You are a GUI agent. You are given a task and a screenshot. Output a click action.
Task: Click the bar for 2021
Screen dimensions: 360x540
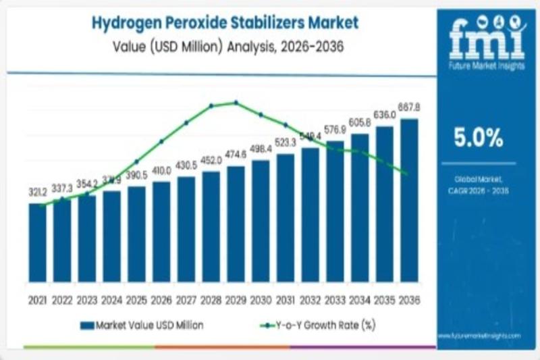pos(38,242)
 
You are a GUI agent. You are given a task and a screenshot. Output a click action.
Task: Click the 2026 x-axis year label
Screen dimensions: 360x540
pos(161,299)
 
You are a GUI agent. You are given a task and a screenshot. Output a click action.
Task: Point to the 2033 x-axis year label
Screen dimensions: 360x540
pos(335,299)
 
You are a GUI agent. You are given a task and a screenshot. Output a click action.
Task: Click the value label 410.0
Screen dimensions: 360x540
pos(161,171)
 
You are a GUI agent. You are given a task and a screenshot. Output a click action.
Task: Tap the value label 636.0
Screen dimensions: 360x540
pos(385,115)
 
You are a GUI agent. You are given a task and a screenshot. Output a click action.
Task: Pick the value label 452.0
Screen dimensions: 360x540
pos(211,160)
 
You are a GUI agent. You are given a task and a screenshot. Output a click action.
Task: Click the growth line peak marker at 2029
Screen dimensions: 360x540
pos(236,103)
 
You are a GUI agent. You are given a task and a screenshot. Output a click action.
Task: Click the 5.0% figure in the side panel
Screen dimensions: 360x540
pos(477,139)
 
